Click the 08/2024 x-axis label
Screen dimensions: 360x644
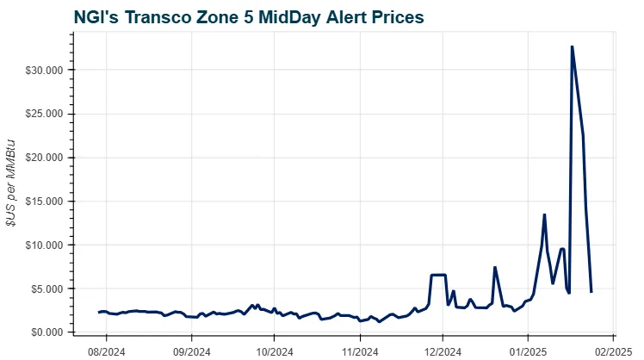[x=107, y=351]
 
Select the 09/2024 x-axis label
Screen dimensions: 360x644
[x=191, y=351]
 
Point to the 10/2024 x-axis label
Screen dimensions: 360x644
[x=272, y=351]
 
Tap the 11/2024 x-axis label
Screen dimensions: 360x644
[x=356, y=351]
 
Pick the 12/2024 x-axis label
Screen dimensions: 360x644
[x=441, y=351]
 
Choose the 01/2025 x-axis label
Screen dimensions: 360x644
[x=525, y=351]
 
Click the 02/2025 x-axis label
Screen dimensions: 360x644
[x=610, y=351]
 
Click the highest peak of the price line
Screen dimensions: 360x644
[x=572, y=47]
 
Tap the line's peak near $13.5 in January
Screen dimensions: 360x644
[x=544, y=214]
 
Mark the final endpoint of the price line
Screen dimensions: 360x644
[x=591, y=292]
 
